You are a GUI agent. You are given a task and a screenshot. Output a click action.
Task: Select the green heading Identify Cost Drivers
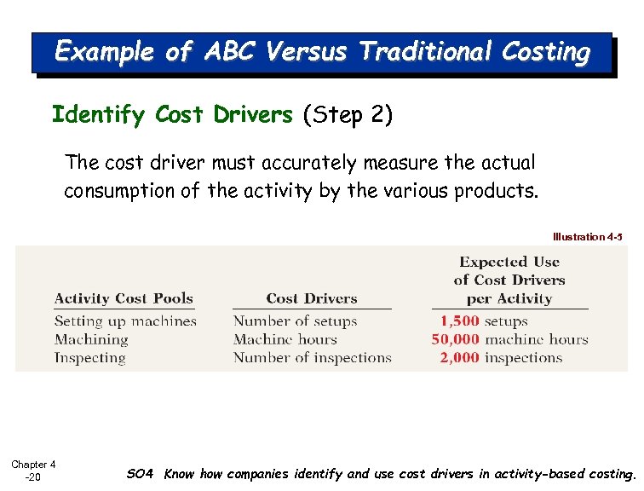tap(172, 114)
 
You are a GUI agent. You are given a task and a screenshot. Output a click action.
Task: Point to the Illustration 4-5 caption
tap(588, 236)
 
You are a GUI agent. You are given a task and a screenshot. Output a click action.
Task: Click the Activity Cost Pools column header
tap(124, 298)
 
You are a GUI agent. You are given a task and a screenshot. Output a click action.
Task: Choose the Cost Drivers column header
tap(311, 298)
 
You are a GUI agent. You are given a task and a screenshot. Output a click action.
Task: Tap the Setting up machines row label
tap(125, 321)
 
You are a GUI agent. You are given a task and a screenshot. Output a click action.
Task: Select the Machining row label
tap(91, 339)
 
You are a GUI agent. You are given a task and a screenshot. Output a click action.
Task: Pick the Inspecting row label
tap(89, 358)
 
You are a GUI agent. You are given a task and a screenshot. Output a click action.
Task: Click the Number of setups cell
tap(295, 321)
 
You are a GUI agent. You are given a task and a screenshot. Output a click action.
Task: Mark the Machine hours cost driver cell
tap(285, 339)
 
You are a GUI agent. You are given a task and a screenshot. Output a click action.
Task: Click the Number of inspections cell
tap(312, 358)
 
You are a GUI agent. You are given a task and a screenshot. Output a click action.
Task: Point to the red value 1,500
tap(460, 321)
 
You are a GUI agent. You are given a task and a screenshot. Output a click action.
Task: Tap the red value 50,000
tap(456, 339)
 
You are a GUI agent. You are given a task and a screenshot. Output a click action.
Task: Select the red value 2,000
tap(460, 358)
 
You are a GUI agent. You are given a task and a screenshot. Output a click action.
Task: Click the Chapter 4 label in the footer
tap(33, 465)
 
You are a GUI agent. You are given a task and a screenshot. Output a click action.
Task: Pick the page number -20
tap(32, 477)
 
